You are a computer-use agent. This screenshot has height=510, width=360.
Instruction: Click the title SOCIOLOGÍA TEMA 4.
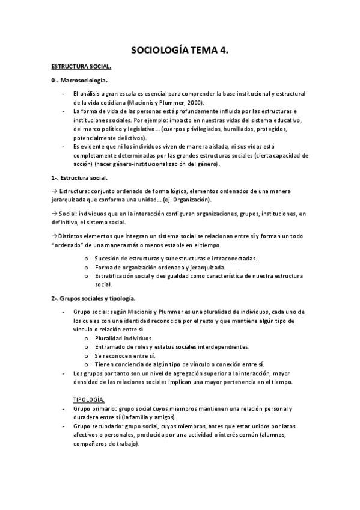tap(180, 51)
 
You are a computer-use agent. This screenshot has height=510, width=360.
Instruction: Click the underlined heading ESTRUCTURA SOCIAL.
tap(81, 67)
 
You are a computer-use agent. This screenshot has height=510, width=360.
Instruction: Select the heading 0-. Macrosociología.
tap(80, 81)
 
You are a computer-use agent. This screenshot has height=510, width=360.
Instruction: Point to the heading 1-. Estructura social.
tap(79, 178)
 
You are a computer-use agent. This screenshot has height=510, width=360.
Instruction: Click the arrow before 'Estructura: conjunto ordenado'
tap(54, 191)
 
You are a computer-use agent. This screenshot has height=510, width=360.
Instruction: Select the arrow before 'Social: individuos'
tap(54, 213)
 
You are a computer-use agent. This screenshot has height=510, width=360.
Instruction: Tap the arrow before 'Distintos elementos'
tap(54, 235)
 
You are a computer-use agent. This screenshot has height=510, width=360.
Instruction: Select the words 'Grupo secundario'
tap(96, 426)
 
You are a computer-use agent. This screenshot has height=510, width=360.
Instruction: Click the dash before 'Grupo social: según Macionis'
tap(64, 312)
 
